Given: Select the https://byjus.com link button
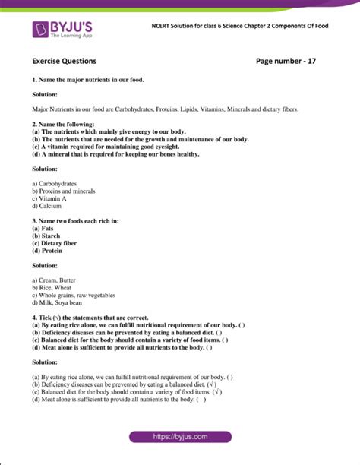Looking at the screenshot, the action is [179, 437].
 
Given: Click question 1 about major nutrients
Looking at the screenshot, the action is [84, 80].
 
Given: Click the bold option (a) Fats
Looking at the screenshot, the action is [44, 228].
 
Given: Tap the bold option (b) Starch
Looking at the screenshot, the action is [48, 236].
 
